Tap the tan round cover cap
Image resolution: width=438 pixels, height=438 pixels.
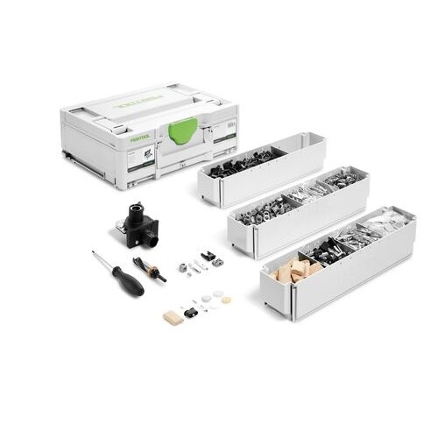click(x=227, y=300)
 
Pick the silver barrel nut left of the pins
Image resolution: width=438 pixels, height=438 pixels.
click(x=184, y=267)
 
